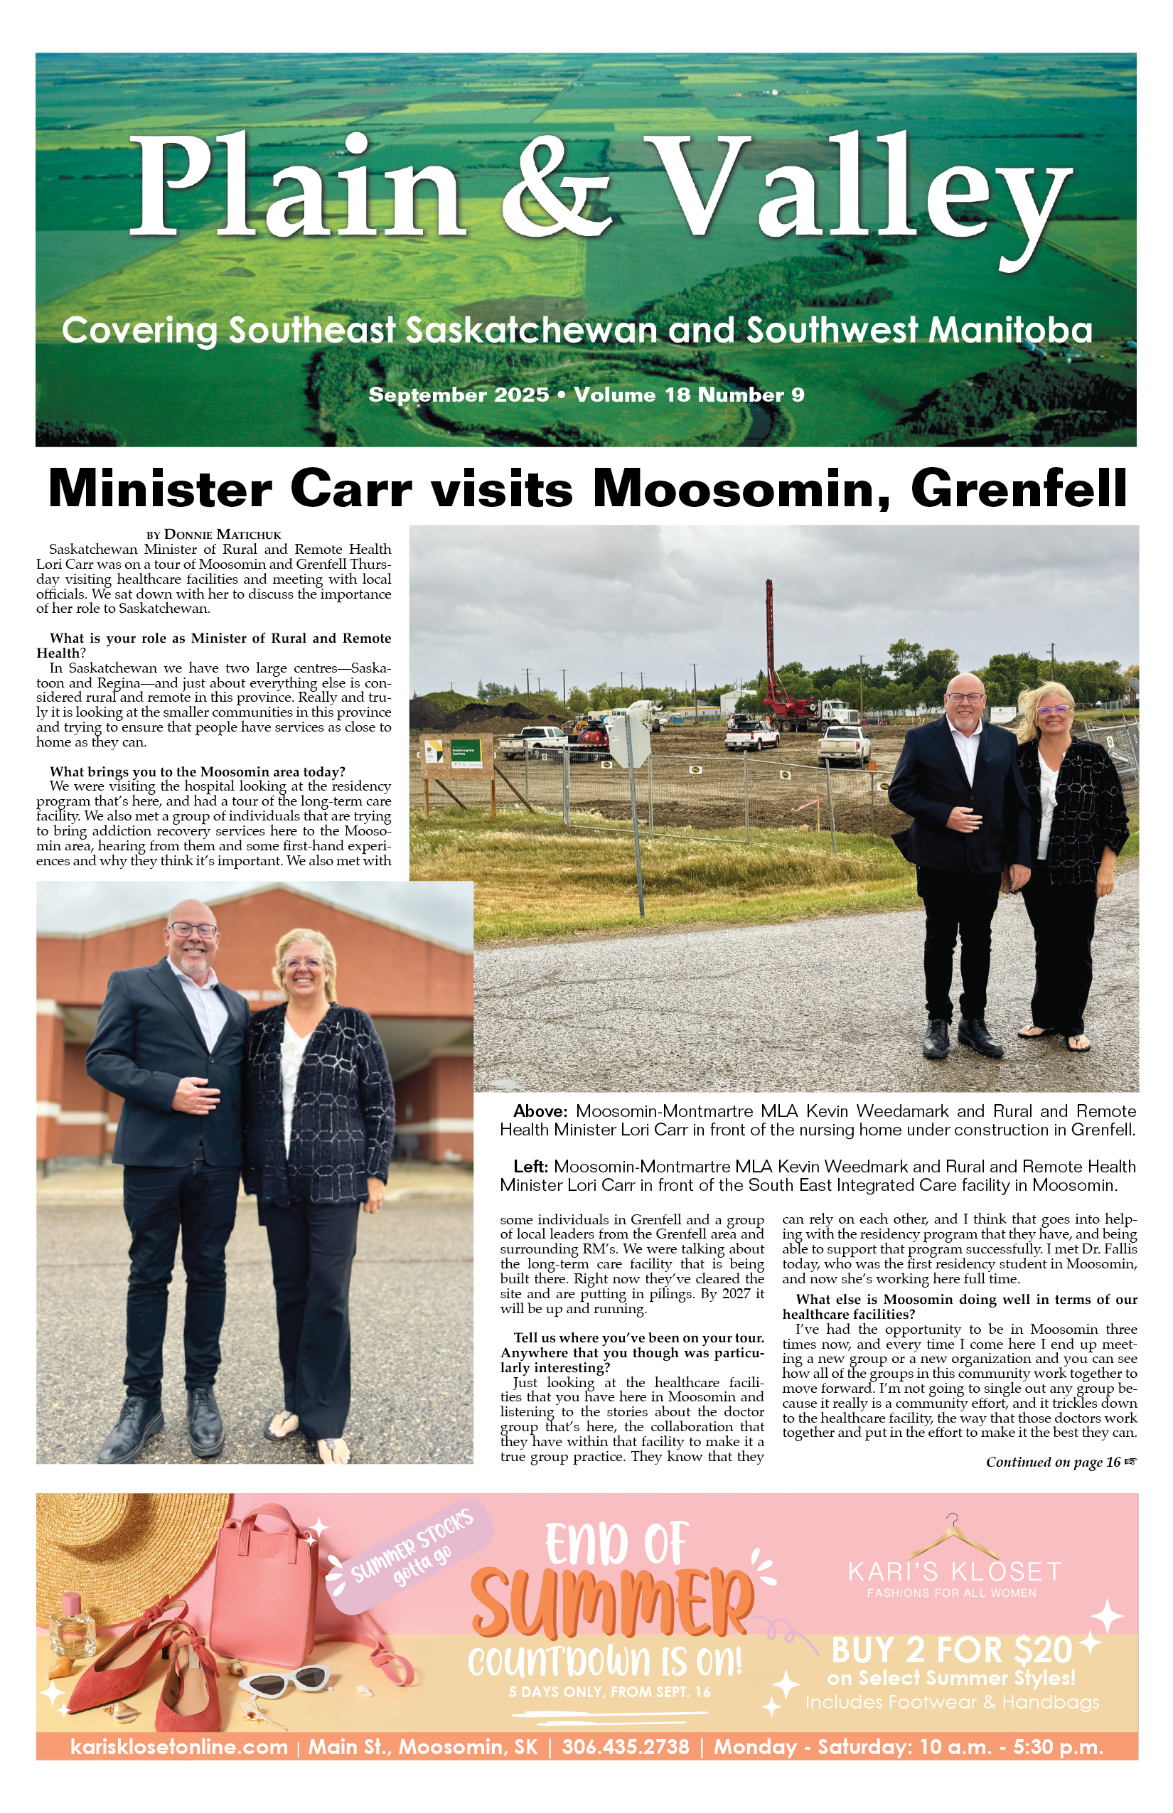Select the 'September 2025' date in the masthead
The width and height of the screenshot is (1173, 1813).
459,395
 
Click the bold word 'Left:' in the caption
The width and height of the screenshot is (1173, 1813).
531,1166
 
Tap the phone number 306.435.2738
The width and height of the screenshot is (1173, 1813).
626,1747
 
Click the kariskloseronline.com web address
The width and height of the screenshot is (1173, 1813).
179,1747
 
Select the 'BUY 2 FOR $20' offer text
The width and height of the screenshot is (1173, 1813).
951,1650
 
